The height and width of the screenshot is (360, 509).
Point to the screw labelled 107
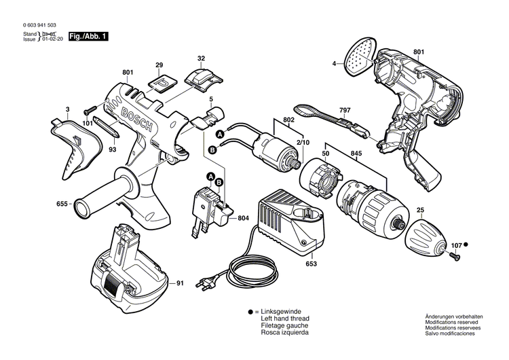453,254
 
